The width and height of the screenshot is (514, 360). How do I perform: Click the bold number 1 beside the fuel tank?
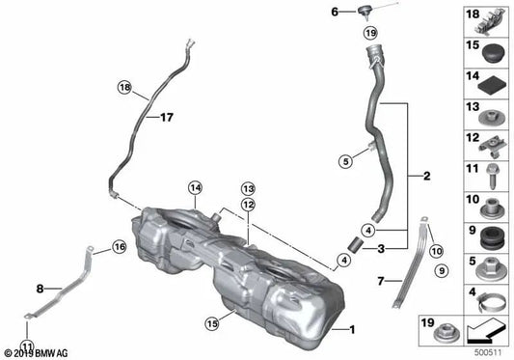[x=352, y=329]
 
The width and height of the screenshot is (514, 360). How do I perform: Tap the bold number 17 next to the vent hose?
[x=166, y=118]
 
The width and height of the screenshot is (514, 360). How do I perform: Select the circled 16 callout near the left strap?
[x=119, y=248]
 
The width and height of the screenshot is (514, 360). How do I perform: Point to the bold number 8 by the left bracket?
[x=40, y=288]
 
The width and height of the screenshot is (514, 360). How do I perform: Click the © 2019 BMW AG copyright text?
[x=40, y=353]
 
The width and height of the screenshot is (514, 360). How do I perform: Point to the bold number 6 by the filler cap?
[x=336, y=13]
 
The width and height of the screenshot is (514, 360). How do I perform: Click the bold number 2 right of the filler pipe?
[x=426, y=178]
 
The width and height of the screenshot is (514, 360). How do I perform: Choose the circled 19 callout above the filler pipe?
[x=371, y=33]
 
